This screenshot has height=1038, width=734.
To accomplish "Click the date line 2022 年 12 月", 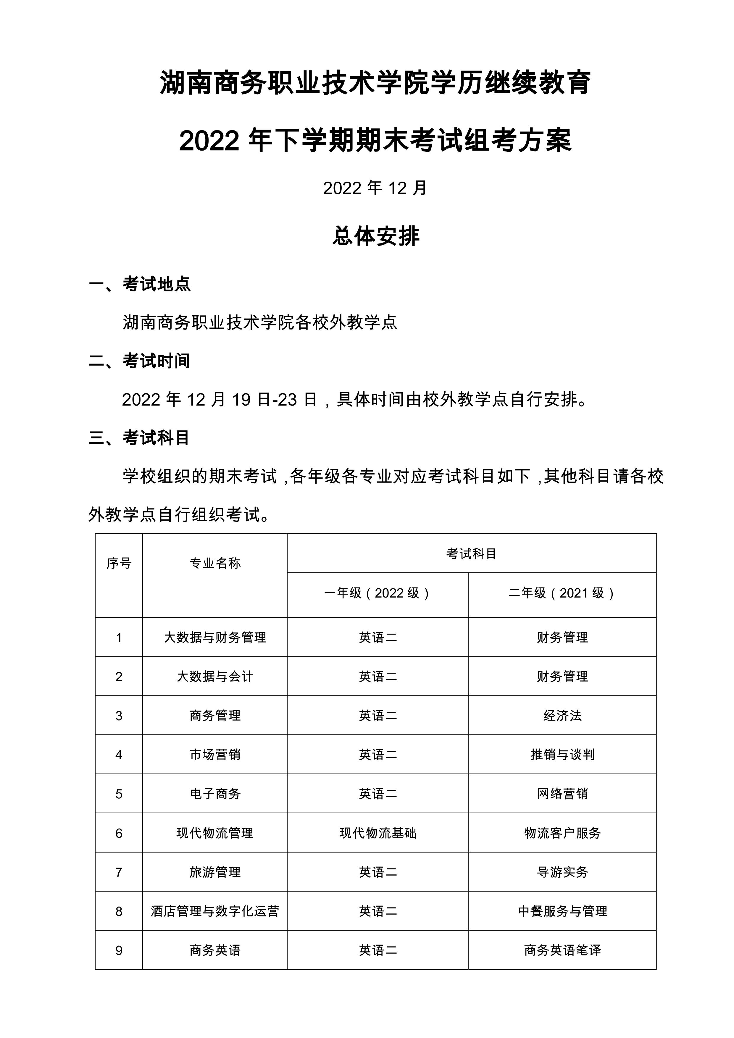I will point(375,188).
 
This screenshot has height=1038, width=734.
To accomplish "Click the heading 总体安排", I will point(376,236).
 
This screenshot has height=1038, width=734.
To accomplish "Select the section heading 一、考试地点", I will point(140,284).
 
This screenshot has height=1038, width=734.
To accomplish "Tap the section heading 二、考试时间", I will point(139,361).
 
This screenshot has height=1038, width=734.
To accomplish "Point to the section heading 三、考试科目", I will point(139,438).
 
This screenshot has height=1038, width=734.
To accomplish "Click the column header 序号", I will point(119,563).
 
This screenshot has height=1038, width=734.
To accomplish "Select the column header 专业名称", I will point(215,563).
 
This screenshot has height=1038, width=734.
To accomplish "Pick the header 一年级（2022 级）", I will point(378,593).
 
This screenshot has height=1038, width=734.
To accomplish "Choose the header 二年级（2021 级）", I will point(562,593).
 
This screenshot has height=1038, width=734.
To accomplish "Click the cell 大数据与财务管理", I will point(215,637).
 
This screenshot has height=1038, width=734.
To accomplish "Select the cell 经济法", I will point(562,716).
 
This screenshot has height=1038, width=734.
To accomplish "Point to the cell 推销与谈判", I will point(562,755).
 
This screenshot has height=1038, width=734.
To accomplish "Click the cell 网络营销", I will point(562,794).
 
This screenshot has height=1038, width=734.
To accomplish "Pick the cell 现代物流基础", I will point(378,833).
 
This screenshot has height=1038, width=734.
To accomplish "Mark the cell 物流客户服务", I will point(562,833).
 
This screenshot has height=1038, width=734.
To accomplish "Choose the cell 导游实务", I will point(562,872).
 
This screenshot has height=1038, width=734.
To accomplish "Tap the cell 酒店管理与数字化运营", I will point(215,911).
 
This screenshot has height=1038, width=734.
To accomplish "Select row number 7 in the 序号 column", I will point(119,872).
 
